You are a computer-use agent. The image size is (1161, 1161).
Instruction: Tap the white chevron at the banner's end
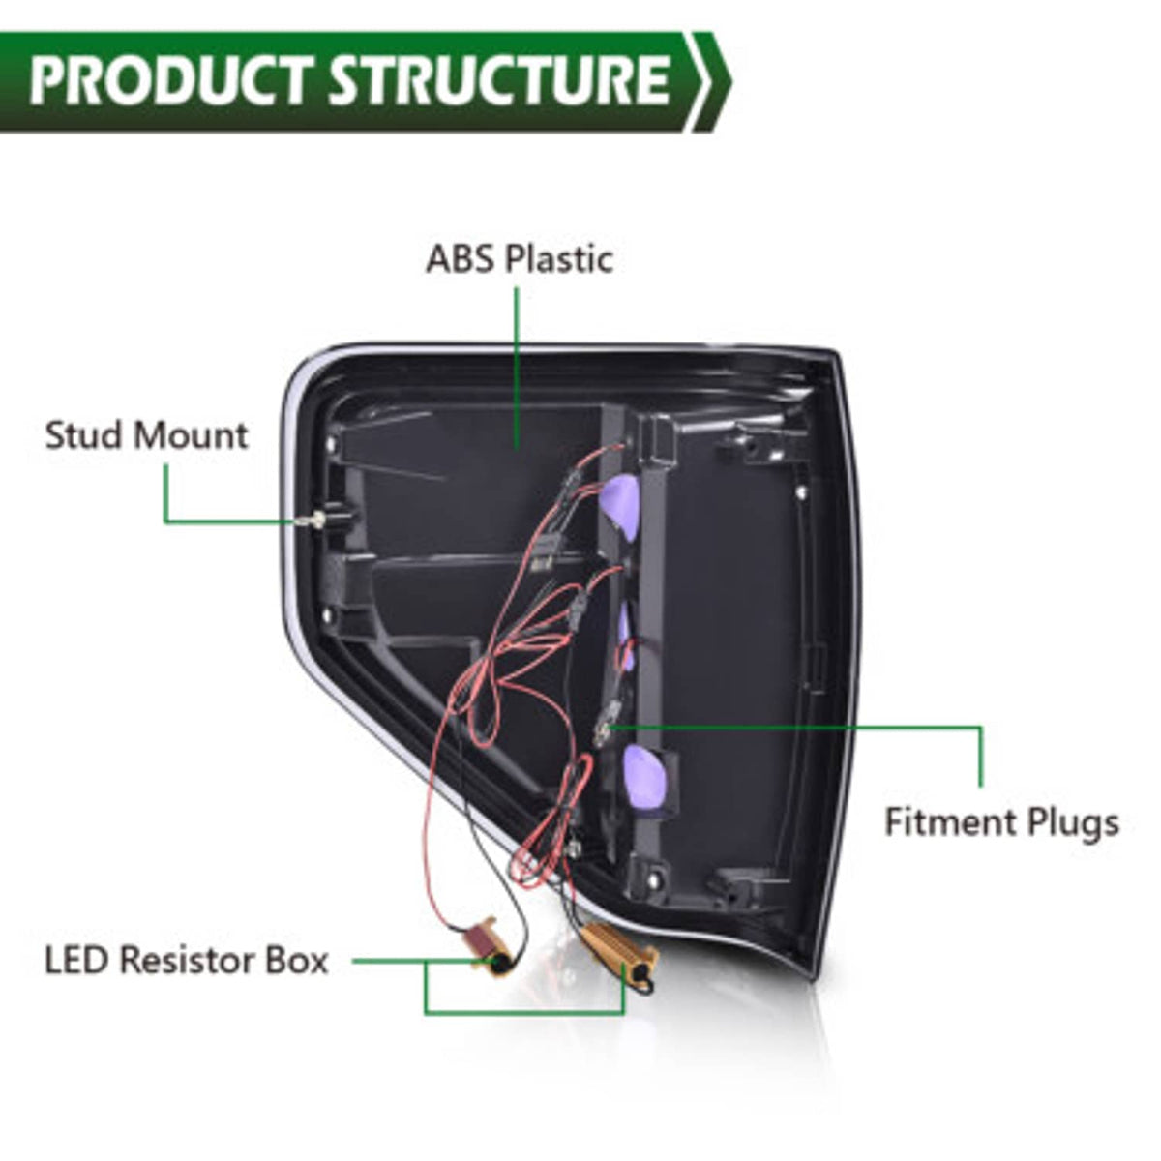click(713, 81)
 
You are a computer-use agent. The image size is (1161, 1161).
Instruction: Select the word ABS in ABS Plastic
click(461, 259)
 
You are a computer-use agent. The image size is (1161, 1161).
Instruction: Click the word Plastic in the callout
click(559, 259)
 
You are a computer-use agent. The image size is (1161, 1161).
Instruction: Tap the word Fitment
click(951, 821)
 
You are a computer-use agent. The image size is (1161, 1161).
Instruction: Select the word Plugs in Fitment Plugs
click(1072, 823)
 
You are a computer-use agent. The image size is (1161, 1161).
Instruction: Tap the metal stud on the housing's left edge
click(314, 519)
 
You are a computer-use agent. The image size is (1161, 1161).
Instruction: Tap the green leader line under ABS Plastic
click(517, 368)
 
